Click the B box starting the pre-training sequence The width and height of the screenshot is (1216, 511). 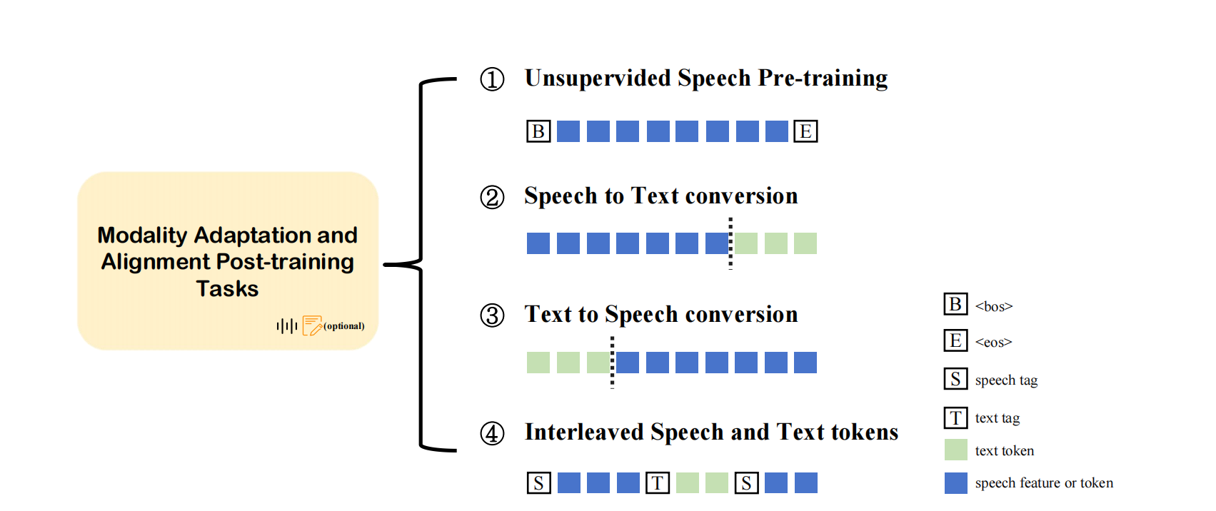pyautogui.click(x=538, y=131)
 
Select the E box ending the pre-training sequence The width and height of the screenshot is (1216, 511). pyautogui.click(x=805, y=131)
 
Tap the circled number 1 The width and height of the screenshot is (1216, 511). pyautogui.click(x=493, y=79)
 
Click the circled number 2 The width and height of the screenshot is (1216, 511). pyautogui.click(x=493, y=197)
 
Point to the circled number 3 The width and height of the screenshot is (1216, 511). pyautogui.click(x=493, y=315)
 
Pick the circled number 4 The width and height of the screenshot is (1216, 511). pyautogui.click(x=493, y=433)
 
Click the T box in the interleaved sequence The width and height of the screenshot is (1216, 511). pyautogui.click(x=658, y=482)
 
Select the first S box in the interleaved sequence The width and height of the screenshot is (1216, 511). pyautogui.click(x=538, y=482)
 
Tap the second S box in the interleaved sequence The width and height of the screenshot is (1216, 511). pyautogui.click(x=746, y=482)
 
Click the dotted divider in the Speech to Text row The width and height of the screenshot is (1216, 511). pyautogui.click(x=730, y=243)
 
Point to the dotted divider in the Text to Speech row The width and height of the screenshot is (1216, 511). pyautogui.click(x=613, y=363)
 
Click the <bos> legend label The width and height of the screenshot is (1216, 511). pyautogui.click(x=993, y=306)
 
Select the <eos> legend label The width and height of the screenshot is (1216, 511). pyautogui.click(x=993, y=343)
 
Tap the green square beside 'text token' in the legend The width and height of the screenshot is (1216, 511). pyautogui.click(x=956, y=450)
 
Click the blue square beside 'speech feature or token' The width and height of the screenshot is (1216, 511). pyautogui.click(x=956, y=482)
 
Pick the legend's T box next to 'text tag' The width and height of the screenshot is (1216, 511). pyautogui.click(x=955, y=418)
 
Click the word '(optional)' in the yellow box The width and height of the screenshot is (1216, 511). pyautogui.click(x=344, y=326)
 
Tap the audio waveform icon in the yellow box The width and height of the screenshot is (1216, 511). pyautogui.click(x=287, y=326)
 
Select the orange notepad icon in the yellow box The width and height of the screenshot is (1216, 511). pyautogui.click(x=312, y=325)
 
